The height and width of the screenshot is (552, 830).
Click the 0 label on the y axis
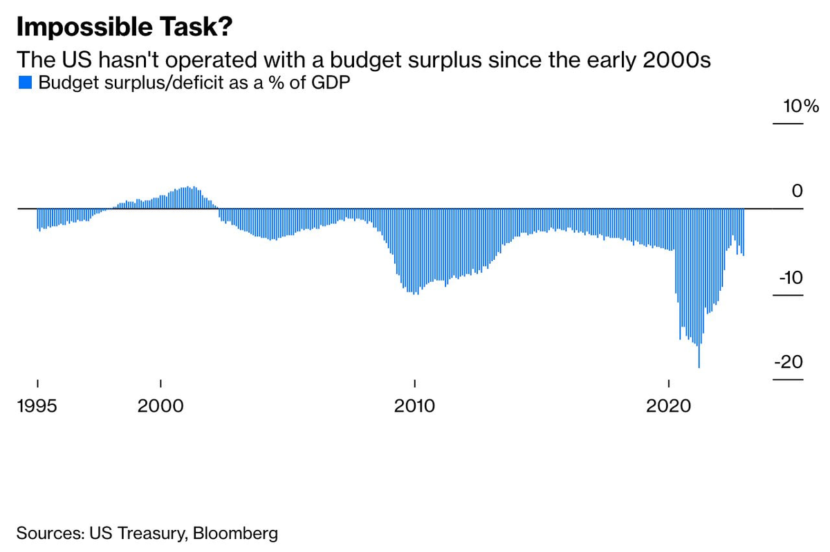[x=797, y=191]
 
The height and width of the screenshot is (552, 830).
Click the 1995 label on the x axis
[x=37, y=406]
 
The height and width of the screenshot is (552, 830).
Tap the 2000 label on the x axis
[x=160, y=406]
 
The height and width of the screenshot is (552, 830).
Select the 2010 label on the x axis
[x=414, y=406]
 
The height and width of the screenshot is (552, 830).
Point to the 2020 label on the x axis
[x=669, y=406]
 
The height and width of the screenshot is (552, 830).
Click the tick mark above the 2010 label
[x=414, y=383]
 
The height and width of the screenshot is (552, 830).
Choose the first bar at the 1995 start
[x=37, y=220]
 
